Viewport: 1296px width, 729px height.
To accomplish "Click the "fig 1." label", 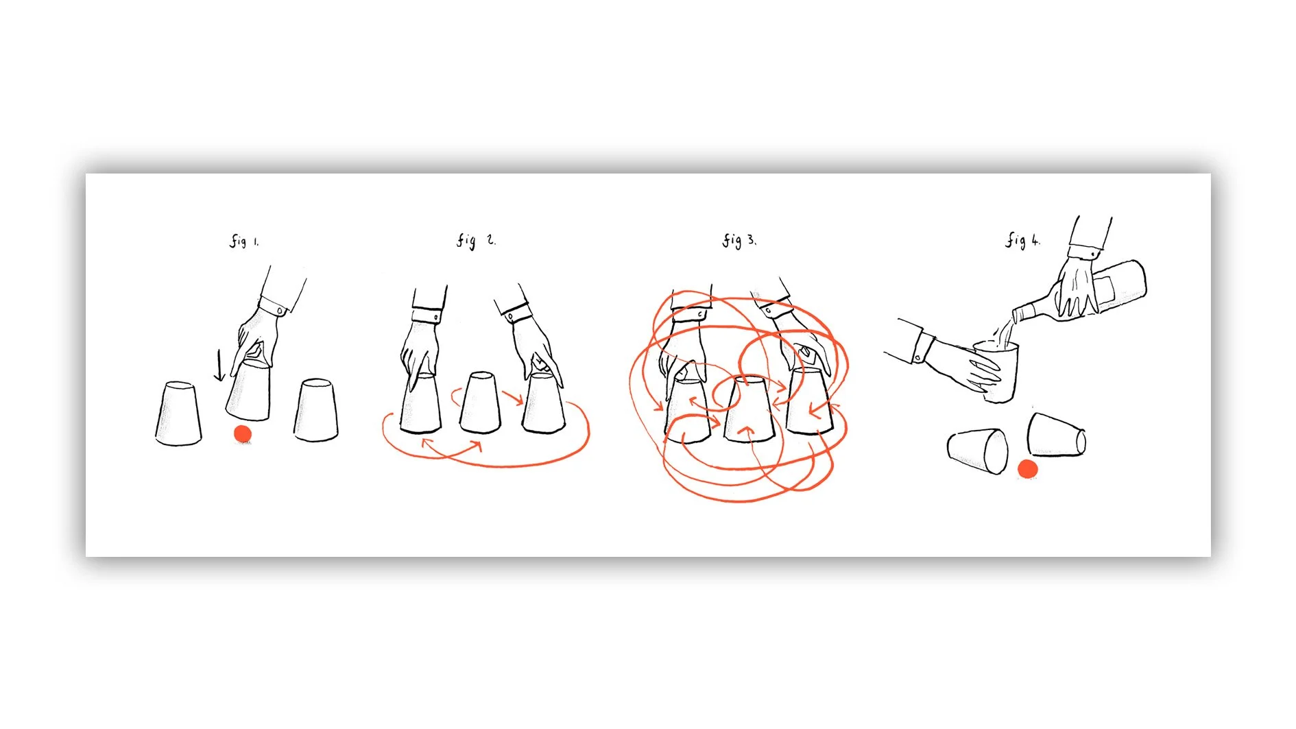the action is tap(244, 241).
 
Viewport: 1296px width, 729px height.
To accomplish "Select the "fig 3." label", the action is tap(739, 240).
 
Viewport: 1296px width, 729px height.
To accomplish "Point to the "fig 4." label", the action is tap(1022, 240).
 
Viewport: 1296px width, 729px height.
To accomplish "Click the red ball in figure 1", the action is tap(243, 434).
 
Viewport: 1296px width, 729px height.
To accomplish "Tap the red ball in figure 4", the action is tap(1027, 469).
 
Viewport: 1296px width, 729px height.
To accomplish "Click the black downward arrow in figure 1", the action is tap(219, 365).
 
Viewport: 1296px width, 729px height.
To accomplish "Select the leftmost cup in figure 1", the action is tap(178, 414).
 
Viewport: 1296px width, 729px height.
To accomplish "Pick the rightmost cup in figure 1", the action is tap(316, 409).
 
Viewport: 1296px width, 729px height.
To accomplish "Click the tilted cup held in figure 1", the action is tap(248, 391).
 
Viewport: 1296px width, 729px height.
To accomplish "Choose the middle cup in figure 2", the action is tap(480, 403).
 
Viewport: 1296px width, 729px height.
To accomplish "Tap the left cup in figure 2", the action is tap(420, 404).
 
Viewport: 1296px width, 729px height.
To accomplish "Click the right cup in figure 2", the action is tap(543, 403).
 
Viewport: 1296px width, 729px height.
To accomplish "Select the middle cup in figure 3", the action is tap(749, 409).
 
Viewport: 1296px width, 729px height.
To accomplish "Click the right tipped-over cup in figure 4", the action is tap(1056, 435).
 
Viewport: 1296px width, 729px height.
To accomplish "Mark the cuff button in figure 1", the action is tap(280, 311).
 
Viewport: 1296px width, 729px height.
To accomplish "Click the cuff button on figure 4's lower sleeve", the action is tap(918, 357).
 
